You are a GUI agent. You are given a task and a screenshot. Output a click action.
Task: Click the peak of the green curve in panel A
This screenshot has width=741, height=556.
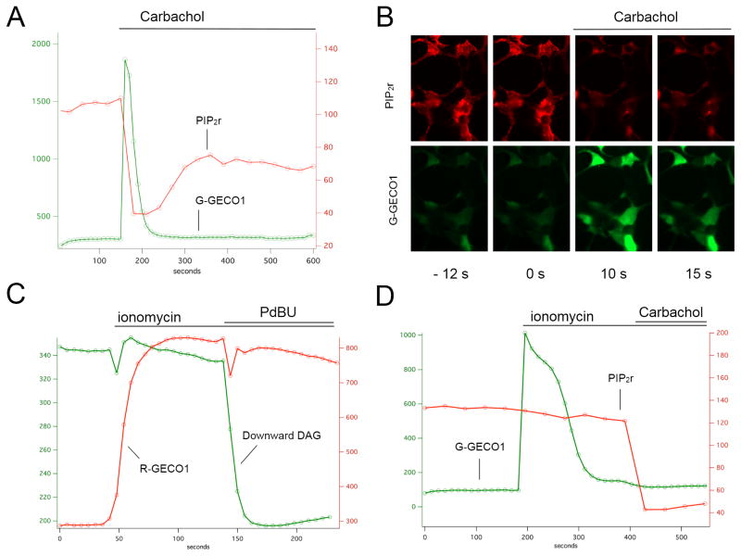pyautogui.click(x=125, y=60)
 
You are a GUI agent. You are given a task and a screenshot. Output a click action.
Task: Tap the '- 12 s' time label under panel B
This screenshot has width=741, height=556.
pyautogui.click(x=448, y=276)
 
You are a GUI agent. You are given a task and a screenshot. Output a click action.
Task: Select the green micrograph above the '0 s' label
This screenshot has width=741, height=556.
pyautogui.click(x=531, y=198)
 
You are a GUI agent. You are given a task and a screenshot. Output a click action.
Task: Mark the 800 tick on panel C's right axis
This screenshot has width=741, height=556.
pyautogui.click(x=350, y=348)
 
